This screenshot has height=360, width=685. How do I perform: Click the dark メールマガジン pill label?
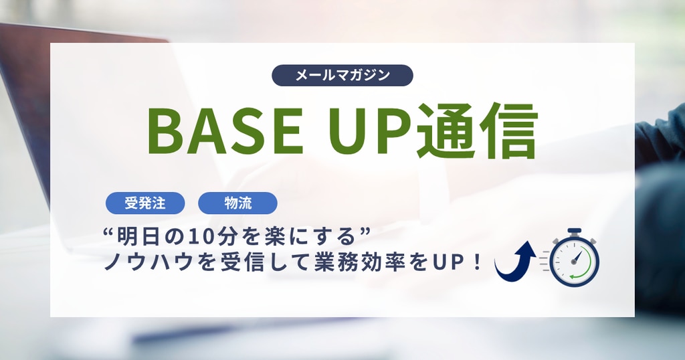(342, 75)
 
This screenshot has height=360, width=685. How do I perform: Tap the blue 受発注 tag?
(145, 203)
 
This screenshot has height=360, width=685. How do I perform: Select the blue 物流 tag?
(237, 203)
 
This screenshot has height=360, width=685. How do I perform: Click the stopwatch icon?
(574, 258)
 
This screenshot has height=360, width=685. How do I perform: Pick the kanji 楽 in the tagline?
(274, 238)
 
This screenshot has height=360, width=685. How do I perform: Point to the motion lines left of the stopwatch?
(544, 264)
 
